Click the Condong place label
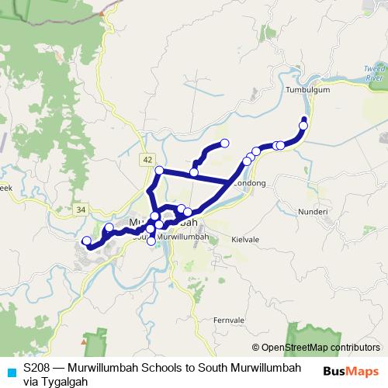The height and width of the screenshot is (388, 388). tap(250, 183)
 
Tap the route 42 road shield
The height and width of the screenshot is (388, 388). tap(147, 159)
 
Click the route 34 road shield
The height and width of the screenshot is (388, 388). tap(81, 210)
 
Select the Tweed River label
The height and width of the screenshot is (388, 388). tap(374, 74)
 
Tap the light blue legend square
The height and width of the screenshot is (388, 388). tap(11, 370)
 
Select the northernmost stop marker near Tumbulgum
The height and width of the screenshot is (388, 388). tap(303, 119)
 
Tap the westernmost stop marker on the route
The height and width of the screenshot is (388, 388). tap(86, 241)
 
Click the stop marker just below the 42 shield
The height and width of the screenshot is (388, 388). tap(159, 171)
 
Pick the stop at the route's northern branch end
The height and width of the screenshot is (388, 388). tap(225, 143)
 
